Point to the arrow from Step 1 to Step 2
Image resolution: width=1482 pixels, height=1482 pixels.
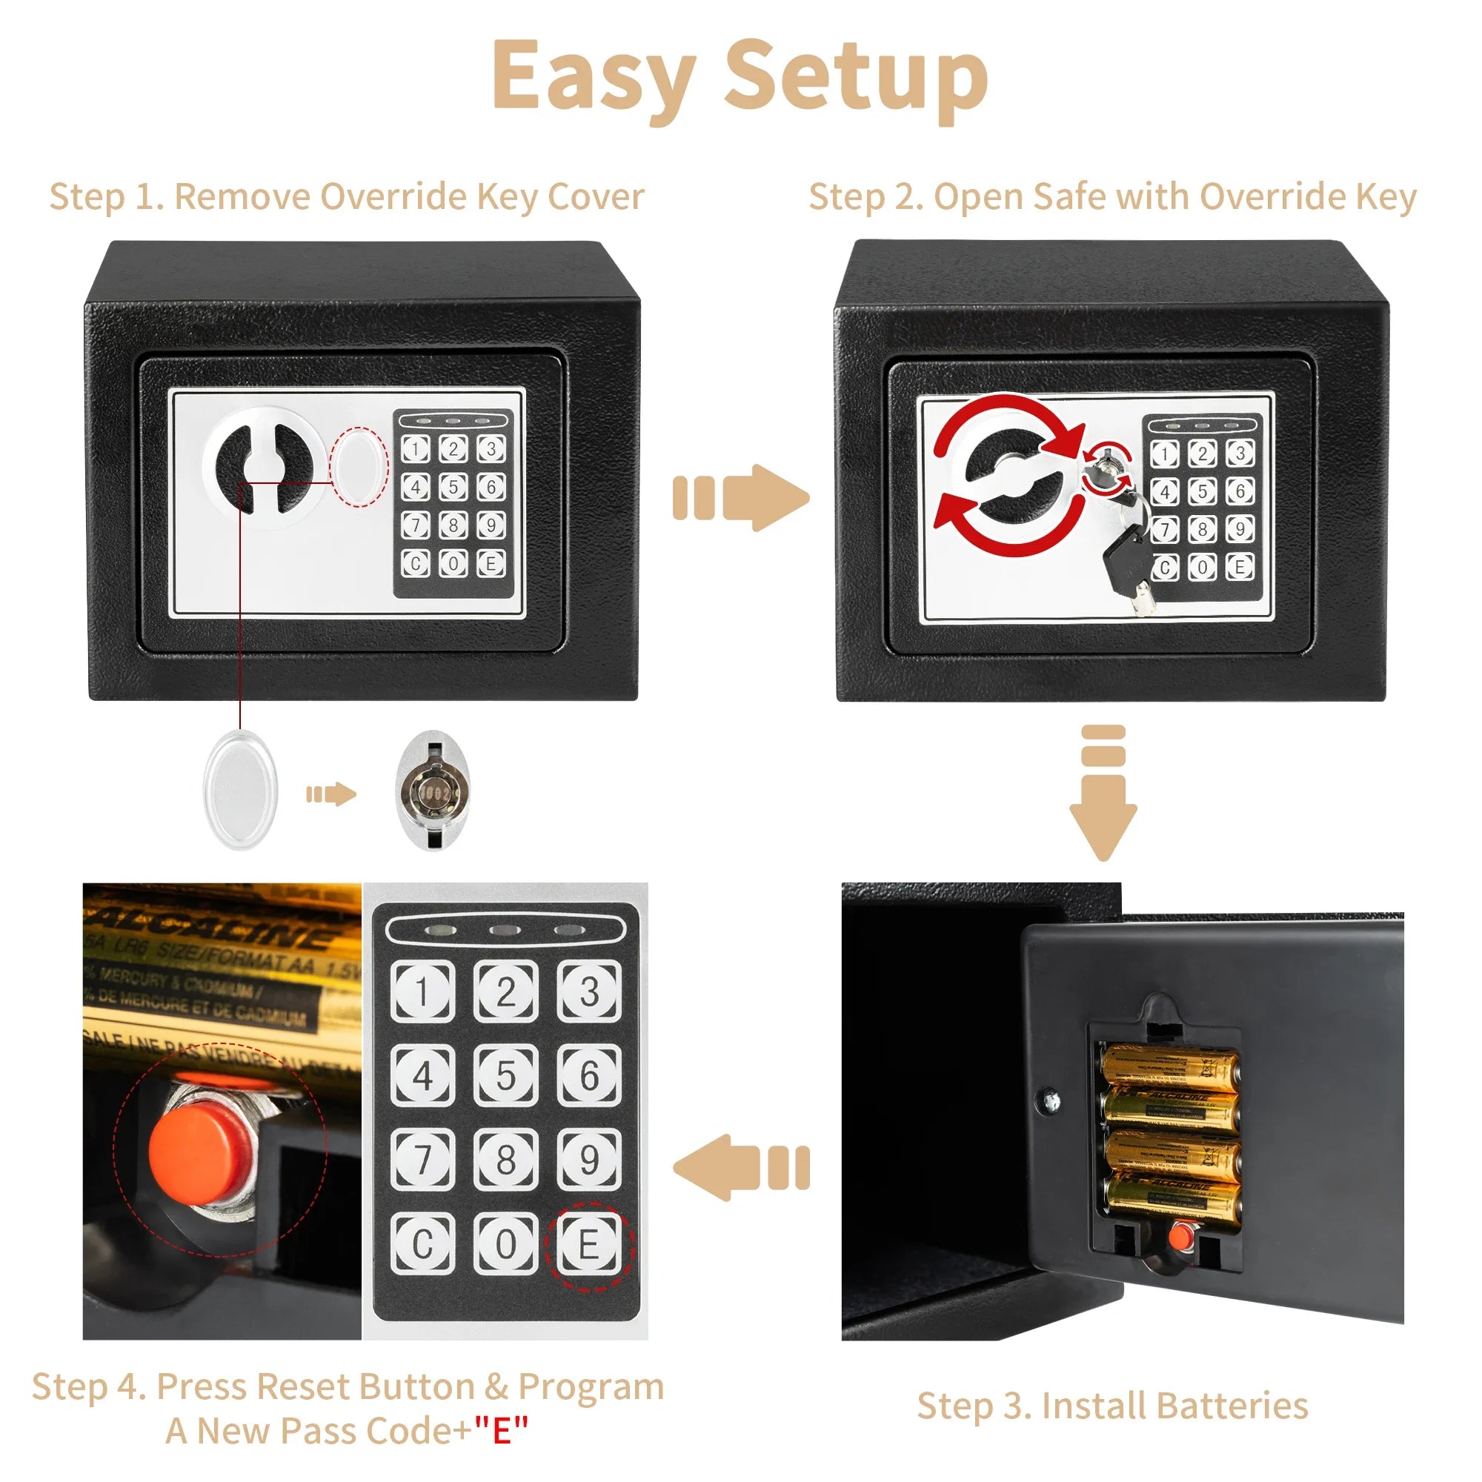click(741, 497)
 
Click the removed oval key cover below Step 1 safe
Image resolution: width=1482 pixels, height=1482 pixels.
click(241, 790)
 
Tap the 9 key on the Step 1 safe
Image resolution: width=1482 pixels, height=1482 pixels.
click(491, 525)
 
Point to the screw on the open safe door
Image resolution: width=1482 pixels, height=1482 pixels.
click(1052, 1102)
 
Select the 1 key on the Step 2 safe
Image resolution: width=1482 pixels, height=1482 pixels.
click(1165, 453)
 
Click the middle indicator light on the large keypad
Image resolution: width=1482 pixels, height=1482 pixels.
click(505, 931)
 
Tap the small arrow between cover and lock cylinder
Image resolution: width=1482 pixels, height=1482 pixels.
click(330, 794)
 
